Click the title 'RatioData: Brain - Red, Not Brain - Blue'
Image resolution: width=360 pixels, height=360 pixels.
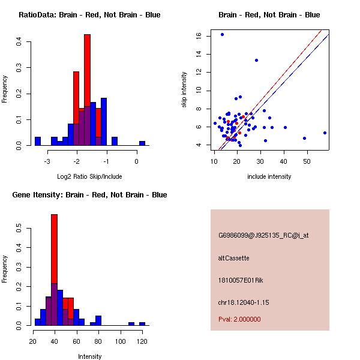89,15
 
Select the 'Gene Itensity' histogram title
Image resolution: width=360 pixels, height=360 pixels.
89,195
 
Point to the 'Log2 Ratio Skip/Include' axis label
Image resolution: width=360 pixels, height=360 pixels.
89,176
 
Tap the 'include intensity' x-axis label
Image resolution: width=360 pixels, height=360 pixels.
269,176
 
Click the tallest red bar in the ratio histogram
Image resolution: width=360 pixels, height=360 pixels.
87,90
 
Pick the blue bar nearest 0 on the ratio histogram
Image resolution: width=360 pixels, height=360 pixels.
142,143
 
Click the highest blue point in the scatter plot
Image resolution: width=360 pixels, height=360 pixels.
222,34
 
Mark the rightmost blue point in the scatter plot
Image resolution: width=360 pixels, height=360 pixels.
325,133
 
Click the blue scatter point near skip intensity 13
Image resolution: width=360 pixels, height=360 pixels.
256,60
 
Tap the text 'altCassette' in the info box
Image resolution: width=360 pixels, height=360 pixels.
233,258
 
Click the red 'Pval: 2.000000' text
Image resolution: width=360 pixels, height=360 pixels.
239,319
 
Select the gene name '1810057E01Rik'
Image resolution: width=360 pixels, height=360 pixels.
239,280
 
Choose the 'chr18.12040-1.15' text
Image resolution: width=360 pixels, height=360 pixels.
244,302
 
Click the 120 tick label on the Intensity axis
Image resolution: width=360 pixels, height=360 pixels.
142,341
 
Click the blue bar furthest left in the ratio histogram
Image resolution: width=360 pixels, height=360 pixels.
38,142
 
